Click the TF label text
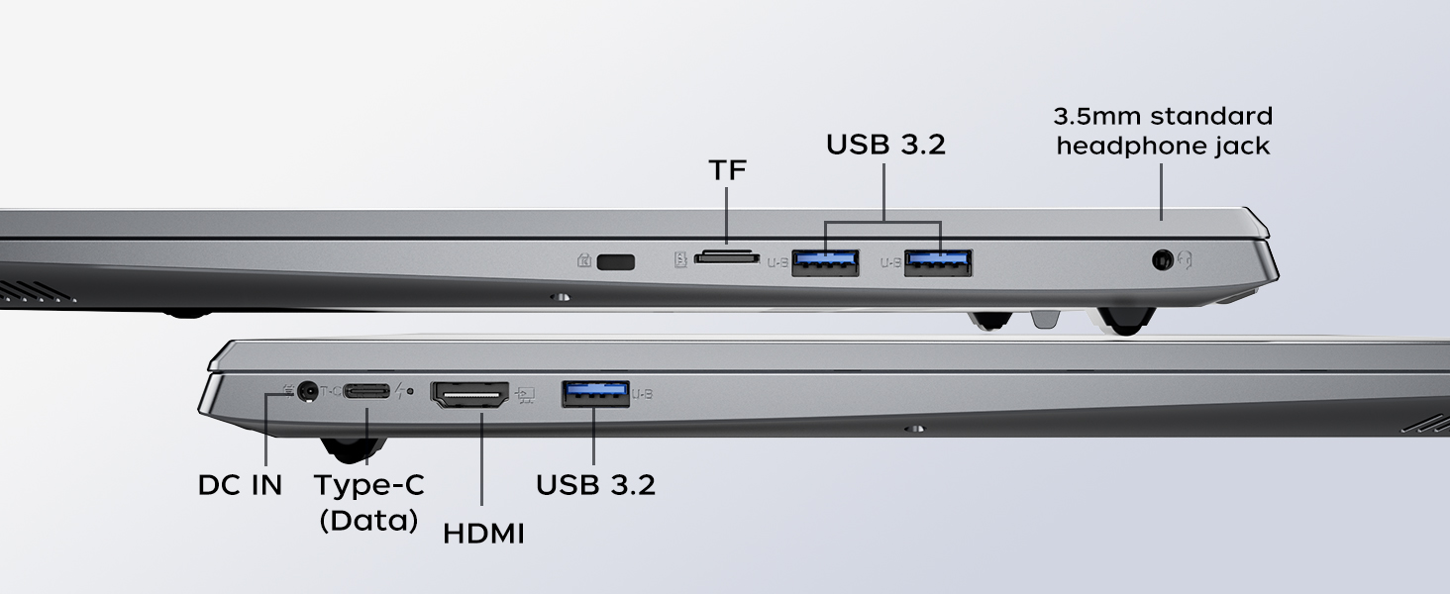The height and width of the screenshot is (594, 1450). click(728, 170)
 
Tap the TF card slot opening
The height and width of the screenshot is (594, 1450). click(726, 257)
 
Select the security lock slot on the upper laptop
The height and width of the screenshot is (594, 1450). click(616, 262)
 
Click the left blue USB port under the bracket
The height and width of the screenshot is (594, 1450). click(825, 262)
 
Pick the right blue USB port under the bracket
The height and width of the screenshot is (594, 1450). click(938, 262)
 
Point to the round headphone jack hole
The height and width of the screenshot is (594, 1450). click(1163, 260)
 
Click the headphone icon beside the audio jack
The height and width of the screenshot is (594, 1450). click(1185, 260)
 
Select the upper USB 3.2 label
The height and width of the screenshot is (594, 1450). click(885, 145)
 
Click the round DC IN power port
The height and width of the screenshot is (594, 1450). click(307, 391)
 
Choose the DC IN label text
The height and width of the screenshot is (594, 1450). click(240, 485)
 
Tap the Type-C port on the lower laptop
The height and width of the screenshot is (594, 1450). click(366, 391)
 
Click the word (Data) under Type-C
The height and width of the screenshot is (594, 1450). click(368, 520)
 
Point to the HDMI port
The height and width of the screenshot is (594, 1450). click(469, 394)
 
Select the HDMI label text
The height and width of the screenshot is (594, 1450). click(483, 534)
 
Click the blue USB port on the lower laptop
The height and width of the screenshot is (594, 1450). click(595, 394)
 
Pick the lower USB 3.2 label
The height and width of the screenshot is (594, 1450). click(595, 485)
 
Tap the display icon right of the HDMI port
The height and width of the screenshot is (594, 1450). click(525, 395)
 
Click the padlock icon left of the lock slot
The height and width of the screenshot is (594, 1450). click(584, 260)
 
